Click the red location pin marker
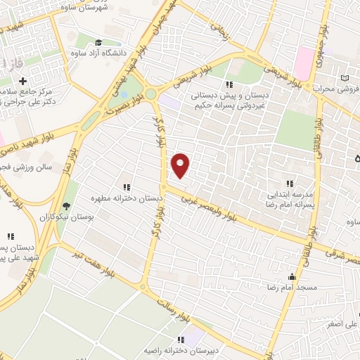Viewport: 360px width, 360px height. click(181, 165)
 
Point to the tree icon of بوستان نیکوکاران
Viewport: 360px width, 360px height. click(66, 206)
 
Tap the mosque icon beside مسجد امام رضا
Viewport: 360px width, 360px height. click(292, 277)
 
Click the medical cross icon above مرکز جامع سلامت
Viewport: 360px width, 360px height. click(23, 81)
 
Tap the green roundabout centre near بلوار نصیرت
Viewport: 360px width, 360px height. click(150, 93)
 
